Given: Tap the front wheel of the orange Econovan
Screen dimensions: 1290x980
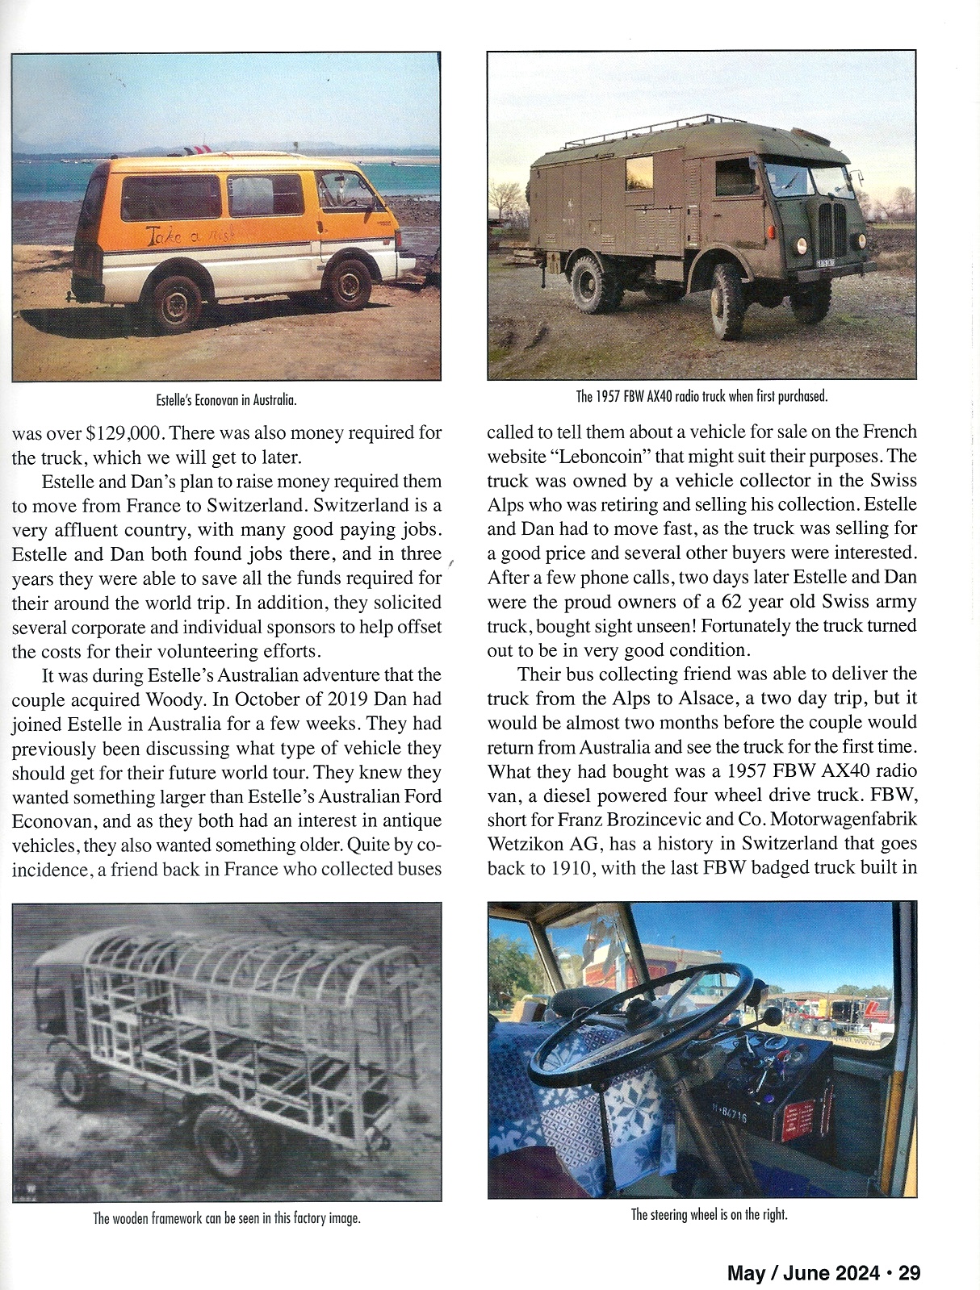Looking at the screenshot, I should pos(349,283).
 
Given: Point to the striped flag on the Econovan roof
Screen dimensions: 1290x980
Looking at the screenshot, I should pos(197,151).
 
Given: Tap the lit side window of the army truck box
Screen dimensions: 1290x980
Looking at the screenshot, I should pos(639,175).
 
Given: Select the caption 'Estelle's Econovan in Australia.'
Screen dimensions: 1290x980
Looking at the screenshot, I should pos(226,399).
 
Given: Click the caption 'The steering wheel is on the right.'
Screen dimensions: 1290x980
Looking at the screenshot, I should pos(709,1214).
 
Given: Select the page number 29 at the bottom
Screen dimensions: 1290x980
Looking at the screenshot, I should pos(909,1273).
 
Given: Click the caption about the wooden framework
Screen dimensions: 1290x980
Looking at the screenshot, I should pos(226,1218).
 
